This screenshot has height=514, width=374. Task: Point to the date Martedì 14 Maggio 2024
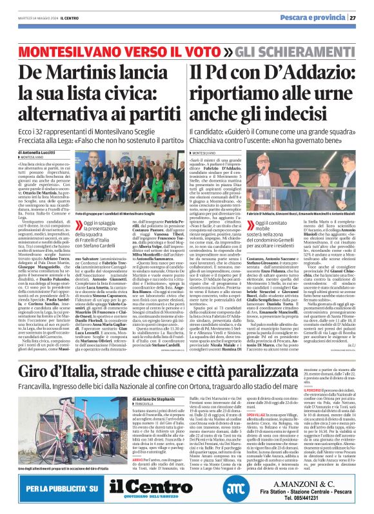(x=35, y=17)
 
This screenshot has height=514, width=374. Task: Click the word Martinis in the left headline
(x=93, y=71)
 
